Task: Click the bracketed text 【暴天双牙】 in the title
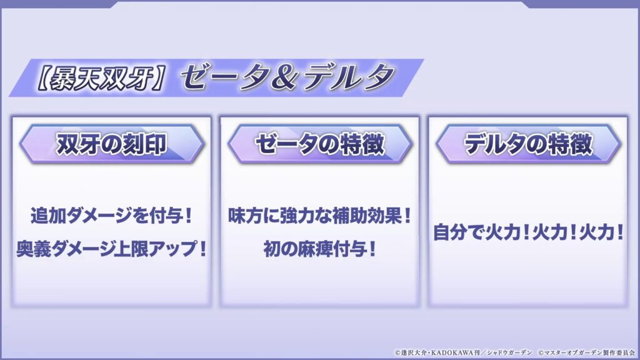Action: point(101,78)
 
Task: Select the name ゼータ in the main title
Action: point(224,77)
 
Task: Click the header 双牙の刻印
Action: point(111,144)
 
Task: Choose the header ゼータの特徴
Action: point(319,144)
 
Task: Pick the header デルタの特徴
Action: point(527,144)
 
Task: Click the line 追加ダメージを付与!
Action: point(111,216)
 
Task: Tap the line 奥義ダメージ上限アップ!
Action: point(111,249)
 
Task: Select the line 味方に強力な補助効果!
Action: point(319,216)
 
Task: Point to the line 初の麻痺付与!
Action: point(319,249)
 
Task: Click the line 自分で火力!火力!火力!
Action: point(528,232)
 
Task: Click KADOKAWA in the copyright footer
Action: point(452,352)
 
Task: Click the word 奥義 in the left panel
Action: point(34,249)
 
